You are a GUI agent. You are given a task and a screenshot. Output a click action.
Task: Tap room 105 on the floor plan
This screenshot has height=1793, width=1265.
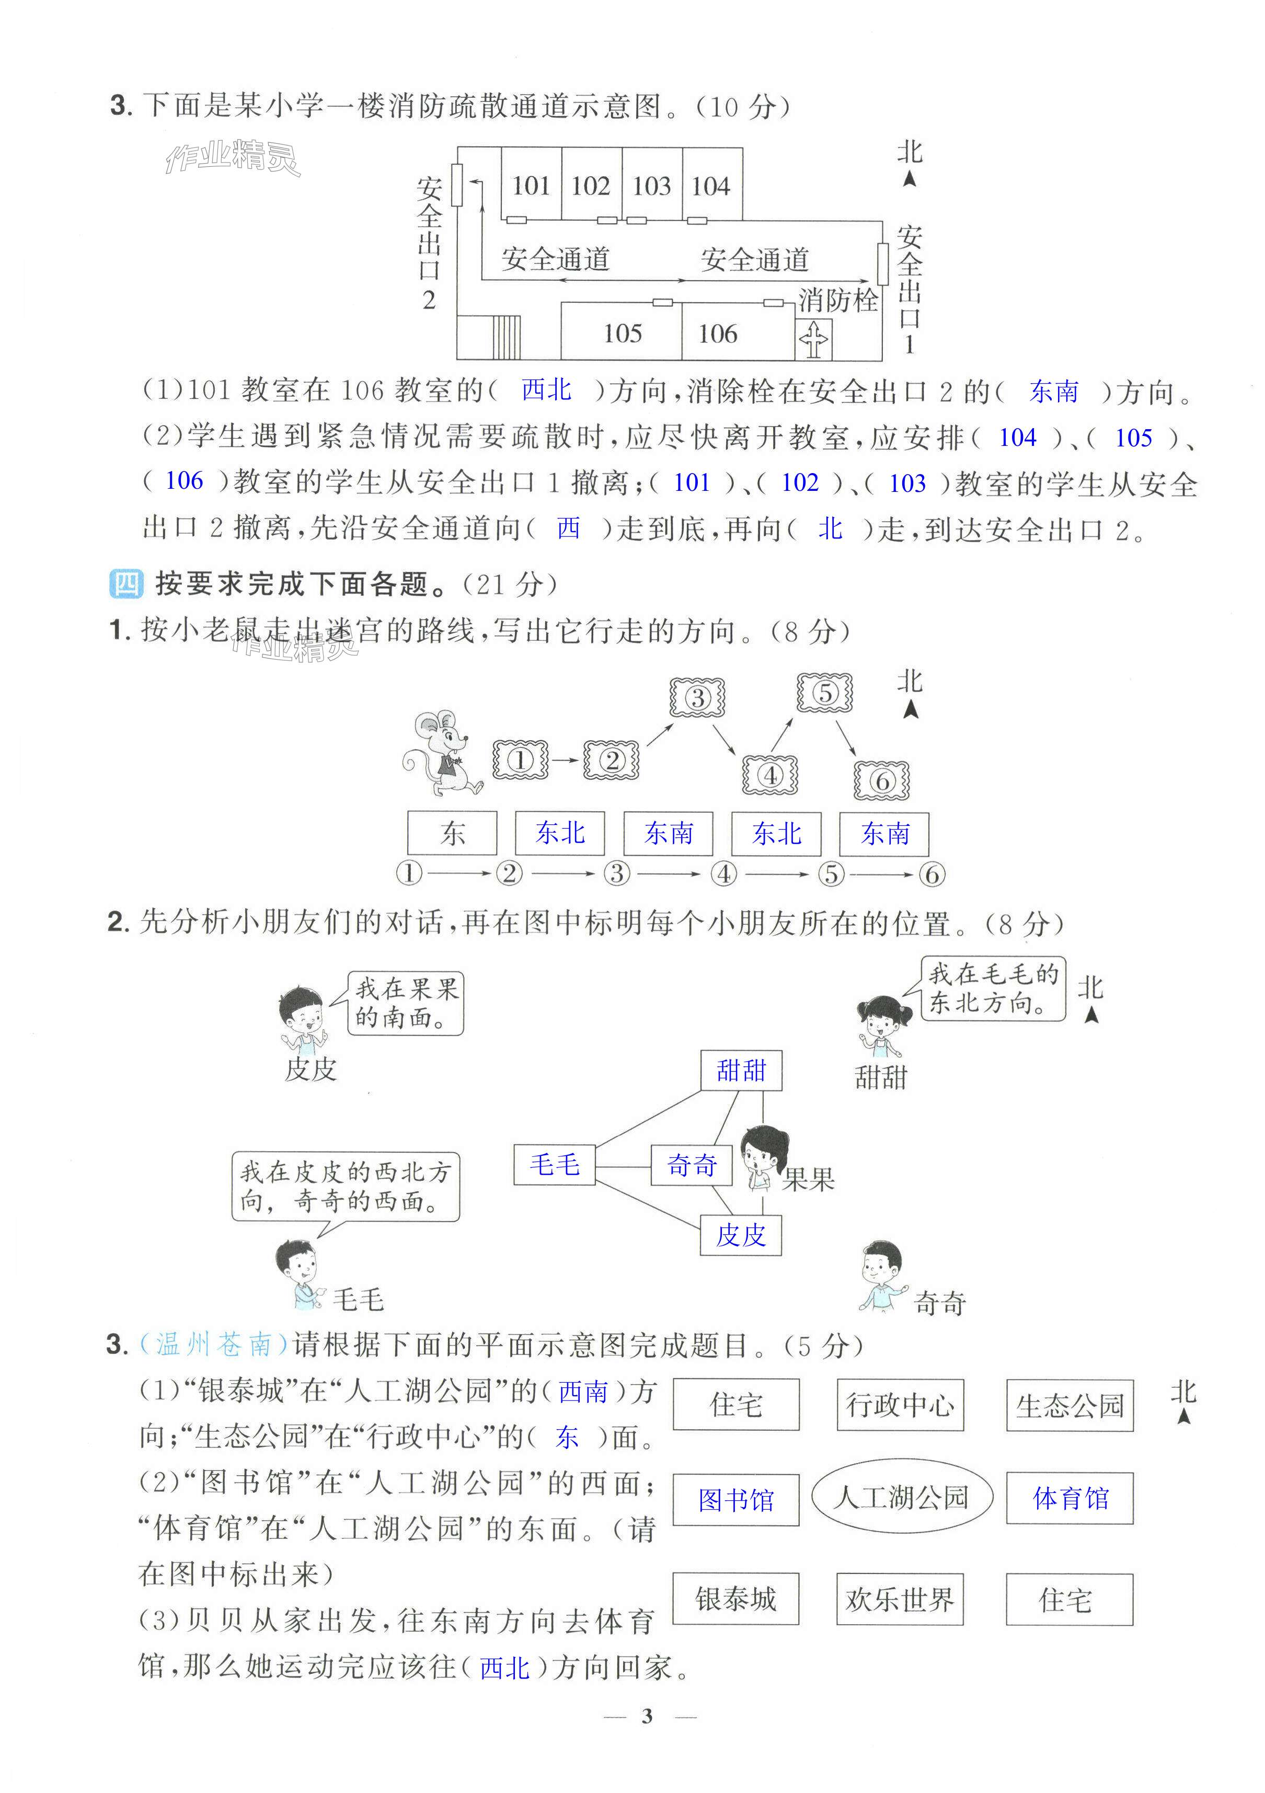click(x=623, y=334)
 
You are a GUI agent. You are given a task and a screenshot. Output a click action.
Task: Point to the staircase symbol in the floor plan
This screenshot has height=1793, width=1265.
click(x=506, y=337)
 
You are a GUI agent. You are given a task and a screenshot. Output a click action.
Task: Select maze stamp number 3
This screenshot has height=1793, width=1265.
click(x=697, y=697)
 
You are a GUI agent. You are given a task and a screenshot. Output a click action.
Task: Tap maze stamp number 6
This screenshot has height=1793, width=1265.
click(x=882, y=779)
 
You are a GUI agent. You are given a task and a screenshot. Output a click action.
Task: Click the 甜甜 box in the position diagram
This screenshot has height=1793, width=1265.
click(x=741, y=1070)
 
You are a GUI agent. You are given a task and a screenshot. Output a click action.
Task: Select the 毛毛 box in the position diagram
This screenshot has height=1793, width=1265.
click(x=555, y=1164)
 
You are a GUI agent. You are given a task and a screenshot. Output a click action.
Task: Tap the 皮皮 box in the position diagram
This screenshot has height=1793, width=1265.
click(x=740, y=1235)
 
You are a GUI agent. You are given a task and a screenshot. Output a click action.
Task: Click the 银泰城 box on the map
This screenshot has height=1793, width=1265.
click(x=735, y=1599)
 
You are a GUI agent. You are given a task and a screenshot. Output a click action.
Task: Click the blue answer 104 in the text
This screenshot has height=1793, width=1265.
click(x=1017, y=438)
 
